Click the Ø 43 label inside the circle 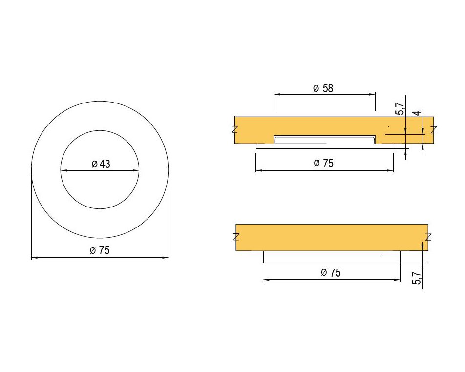pos(101,164)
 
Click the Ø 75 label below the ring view pos(100,250)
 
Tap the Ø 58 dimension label pos(323,88)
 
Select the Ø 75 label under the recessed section pos(323,164)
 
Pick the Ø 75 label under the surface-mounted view pos(331,273)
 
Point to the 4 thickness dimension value pos(417,113)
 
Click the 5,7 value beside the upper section pos(400,109)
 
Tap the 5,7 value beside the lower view pos(417,278)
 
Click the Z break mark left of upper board pos(234,129)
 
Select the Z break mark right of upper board pos(434,129)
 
